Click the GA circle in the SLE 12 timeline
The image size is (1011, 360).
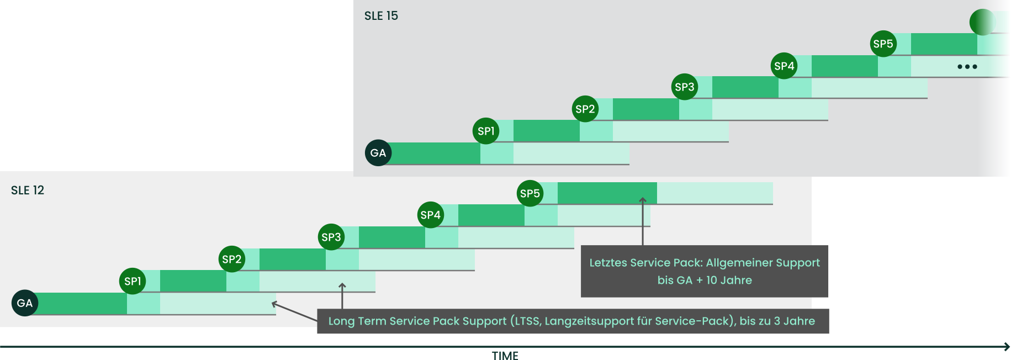coord(25,303)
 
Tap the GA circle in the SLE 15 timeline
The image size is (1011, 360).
coord(378,153)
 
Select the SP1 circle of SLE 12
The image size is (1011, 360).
coord(133,281)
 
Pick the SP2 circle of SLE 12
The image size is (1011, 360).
coord(232,259)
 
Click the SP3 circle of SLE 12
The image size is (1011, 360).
coord(331,237)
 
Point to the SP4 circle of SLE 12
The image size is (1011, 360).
coord(431,215)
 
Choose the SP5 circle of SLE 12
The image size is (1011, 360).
coord(530,193)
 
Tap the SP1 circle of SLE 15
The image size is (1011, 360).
coord(486,131)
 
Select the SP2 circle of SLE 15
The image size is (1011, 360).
coord(585,109)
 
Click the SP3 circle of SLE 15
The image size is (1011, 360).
coord(685,87)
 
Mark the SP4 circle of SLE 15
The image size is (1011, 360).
coord(784,66)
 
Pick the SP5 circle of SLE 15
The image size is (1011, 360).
coord(883,44)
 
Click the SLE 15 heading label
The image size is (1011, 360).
coord(381,15)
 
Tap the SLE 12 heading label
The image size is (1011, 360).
coord(28,190)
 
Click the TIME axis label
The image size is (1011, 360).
coord(505,356)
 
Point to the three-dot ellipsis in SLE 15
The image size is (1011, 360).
coord(967,67)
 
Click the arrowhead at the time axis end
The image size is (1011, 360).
coord(1007,347)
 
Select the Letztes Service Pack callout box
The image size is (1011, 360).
coord(705,271)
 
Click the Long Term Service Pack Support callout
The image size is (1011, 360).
coord(573,321)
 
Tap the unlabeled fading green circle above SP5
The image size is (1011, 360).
coord(982,22)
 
